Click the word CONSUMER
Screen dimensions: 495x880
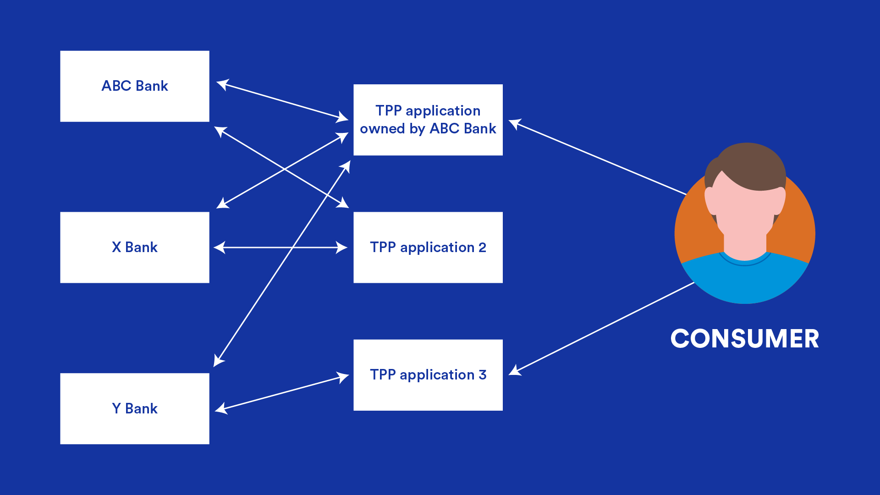click(744, 339)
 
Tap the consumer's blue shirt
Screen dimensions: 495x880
click(745, 280)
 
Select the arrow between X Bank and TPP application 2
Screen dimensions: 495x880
click(257, 247)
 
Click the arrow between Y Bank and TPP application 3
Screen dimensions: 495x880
click(282, 393)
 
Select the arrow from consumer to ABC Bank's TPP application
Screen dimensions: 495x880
click(600, 159)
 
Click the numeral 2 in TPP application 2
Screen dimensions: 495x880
click(482, 247)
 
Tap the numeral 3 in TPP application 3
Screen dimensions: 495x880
click(482, 375)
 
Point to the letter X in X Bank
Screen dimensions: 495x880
click(116, 247)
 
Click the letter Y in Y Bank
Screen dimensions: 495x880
click(116, 408)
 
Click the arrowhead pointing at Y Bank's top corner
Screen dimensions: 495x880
click(218, 361)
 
